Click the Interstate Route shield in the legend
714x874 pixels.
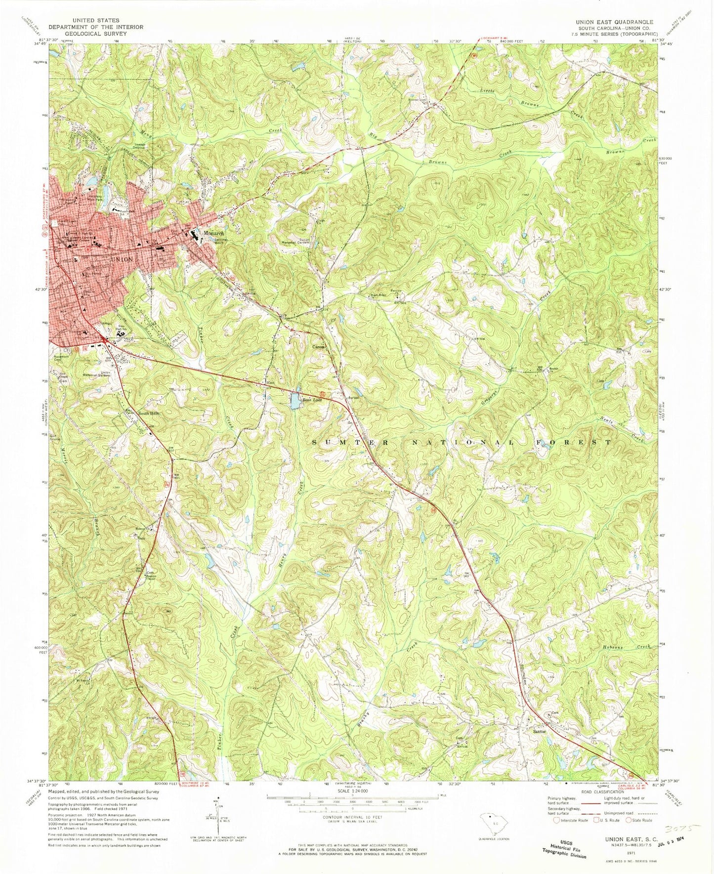coord(556,820)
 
